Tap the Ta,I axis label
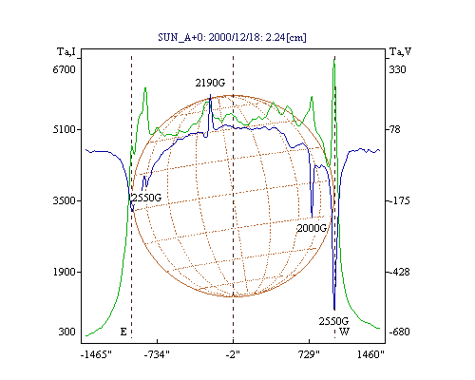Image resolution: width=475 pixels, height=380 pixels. [66, 51]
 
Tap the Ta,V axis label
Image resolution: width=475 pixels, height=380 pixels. [400, 51]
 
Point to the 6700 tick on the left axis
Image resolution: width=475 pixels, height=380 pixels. [65, 69]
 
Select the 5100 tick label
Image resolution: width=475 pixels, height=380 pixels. [65, 129]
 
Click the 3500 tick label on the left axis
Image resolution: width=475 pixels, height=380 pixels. [65, 200]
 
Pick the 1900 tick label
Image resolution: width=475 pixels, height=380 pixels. [65, 272]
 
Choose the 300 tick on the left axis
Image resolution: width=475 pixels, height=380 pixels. [67, 332]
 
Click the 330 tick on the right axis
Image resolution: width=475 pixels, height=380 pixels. [397, 69]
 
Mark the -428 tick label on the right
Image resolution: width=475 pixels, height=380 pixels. [399, 272]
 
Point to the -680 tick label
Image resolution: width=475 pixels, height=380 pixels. [399, 332]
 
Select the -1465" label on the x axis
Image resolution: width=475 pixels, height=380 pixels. [96, 354]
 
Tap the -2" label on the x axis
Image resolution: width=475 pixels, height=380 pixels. [233, 354]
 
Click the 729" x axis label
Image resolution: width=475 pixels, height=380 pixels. [310, 354]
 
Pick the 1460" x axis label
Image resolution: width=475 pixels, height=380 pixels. [370, 354]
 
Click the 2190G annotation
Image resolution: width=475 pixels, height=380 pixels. [210, 83]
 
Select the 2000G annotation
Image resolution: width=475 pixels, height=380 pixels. [312, 228]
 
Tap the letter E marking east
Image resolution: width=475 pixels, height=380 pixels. [123, 332]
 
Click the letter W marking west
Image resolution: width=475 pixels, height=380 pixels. [344, 332]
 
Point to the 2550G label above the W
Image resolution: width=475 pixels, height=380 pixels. [333, 321]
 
